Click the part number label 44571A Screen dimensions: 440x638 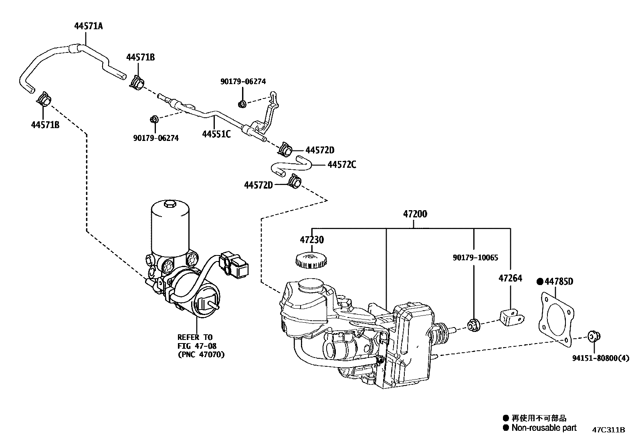coord(88,26)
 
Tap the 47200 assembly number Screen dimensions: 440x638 coord(415,214)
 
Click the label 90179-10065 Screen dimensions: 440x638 coord(475,257)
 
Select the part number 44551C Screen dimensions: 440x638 coord(216,134)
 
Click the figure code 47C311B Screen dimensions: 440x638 coord(609,430)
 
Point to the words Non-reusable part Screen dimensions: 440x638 coord(544,428)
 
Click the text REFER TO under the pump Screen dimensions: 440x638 coord(195,337)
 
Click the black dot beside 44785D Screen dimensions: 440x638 coord(540,281)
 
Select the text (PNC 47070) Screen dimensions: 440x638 coord(201,354)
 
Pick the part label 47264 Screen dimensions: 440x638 coord(510,278)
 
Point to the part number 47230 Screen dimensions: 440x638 coord(312,240)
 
